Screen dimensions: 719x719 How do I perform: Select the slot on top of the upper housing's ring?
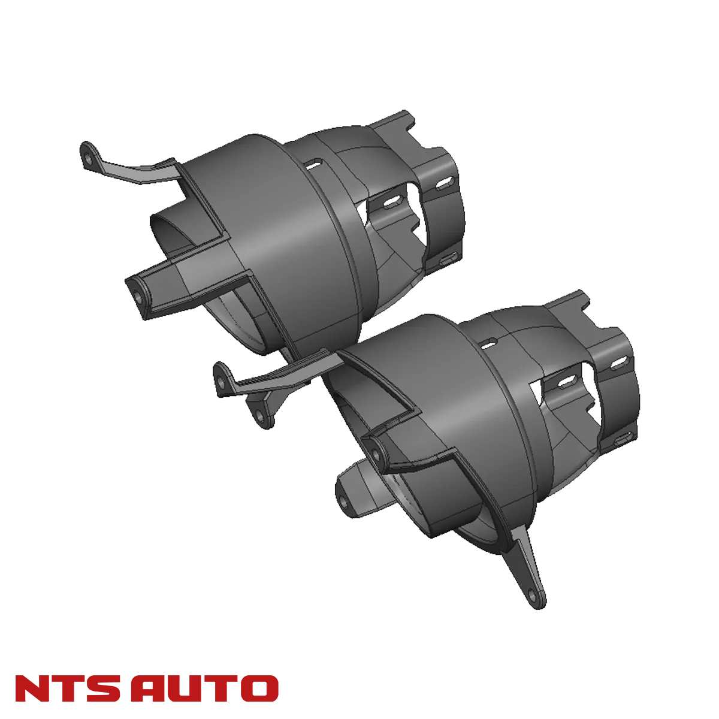[x=313, y=162]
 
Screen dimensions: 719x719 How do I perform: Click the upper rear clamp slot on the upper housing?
[x=445, y=182]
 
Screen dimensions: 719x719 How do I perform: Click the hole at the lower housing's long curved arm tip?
[x=223, y=380]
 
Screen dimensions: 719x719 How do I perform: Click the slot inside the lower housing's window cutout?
[x=564, y=382]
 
